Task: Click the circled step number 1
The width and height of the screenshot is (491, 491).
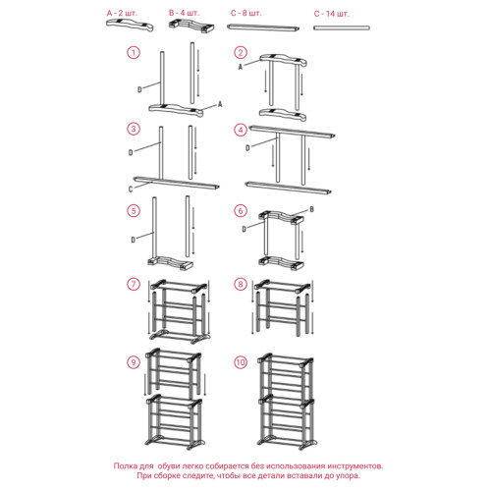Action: (x=134, y=52)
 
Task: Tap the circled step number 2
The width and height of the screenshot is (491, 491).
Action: (x=241, y=52)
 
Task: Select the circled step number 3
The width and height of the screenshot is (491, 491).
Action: (x=134, y=129)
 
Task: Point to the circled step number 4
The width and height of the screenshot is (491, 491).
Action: (x=241, y=130)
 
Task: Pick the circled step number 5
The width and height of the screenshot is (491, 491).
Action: (x=134, y=210)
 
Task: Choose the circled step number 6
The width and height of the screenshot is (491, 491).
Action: (x=241, y=210)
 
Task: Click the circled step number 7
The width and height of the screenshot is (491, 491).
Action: (x=134, y=284)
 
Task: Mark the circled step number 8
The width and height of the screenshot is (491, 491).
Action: (x=241, y=284)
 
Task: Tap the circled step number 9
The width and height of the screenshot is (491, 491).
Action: (x=134, y=362)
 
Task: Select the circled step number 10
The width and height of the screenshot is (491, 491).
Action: (x=241, y=362)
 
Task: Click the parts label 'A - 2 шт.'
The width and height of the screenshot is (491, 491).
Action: (x=122, y=14)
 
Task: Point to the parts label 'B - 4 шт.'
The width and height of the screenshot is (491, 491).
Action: (x=184, y=13)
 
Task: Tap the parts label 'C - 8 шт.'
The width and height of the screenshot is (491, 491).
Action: (x=246, y=14)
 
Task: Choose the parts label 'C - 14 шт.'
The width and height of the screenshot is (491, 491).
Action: (x=332, y=14)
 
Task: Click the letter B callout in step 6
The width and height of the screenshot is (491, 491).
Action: (x=311, y=209)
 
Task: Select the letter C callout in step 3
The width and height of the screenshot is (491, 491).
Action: (x=131, y=190)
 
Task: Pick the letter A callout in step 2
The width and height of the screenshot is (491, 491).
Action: (x=241, y=67)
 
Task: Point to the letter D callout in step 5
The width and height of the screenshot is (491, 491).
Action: (x=134, y=240)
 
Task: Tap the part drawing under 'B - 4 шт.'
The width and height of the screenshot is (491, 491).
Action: (x=192, y=27)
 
